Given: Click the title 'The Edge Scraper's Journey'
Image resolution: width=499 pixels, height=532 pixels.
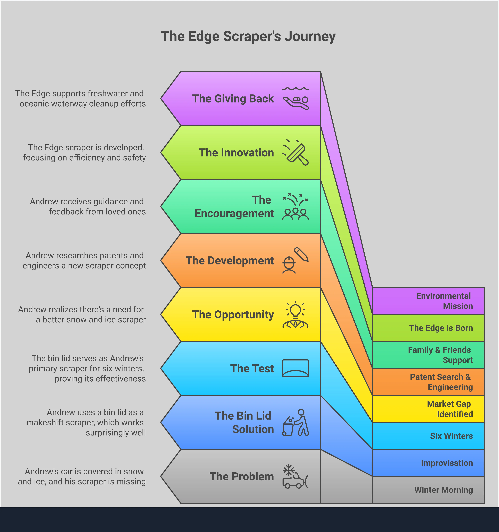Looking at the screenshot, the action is point(248,36).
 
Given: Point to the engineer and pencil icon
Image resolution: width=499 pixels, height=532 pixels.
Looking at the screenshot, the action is point(295,260).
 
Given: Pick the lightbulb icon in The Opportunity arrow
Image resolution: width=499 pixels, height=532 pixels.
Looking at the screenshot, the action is point(295,315).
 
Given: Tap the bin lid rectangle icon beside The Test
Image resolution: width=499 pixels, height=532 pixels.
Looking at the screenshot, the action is point(295,368).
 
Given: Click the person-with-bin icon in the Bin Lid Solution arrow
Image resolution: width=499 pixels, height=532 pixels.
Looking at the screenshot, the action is point(295,422).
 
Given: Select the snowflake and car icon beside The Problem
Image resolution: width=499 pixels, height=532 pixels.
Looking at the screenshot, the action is point(295,476).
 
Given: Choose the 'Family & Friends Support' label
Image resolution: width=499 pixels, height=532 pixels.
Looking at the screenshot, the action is point(440,355).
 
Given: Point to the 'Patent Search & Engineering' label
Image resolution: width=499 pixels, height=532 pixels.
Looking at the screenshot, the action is point(441,382).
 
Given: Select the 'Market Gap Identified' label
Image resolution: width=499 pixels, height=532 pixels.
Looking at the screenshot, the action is point(450,409).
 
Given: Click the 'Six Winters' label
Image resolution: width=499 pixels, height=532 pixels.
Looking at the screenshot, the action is point(451,436).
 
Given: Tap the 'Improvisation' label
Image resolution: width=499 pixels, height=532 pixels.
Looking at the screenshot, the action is point(447,463).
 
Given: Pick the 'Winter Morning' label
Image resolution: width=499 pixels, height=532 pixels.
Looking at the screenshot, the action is point(444,490).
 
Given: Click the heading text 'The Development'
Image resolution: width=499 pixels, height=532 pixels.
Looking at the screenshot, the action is point(230,260).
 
